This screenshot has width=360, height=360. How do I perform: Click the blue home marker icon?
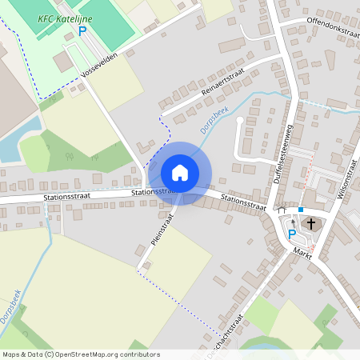[179, 172]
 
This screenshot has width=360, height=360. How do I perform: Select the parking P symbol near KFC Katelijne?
[82, 31]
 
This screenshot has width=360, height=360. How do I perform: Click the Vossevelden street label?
[99, 66]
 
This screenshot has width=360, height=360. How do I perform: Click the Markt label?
[302, 252]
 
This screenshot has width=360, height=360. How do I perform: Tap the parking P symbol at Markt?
[291, 234]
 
